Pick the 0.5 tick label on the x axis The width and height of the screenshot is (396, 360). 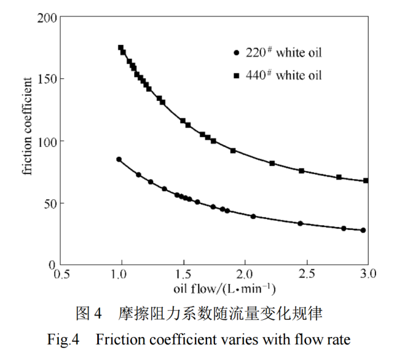click(60, 274)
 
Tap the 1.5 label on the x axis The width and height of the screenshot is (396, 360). click(183, 274)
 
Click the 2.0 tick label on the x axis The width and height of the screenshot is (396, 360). click(245, 274)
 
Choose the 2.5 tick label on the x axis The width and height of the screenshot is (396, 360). click(306, 274)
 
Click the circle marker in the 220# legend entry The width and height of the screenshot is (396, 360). click(236, 53)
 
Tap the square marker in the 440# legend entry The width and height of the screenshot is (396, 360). click(236, 75)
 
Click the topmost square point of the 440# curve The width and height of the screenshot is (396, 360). click(121, 48)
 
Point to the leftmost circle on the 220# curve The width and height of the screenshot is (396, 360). click(119, 160)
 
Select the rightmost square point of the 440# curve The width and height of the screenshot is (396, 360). click(366, 180)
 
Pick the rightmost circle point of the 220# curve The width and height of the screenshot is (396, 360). click(363, 230)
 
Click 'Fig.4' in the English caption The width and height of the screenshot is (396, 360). click(63, 339)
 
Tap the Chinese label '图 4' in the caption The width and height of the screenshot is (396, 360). click(87, 314)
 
